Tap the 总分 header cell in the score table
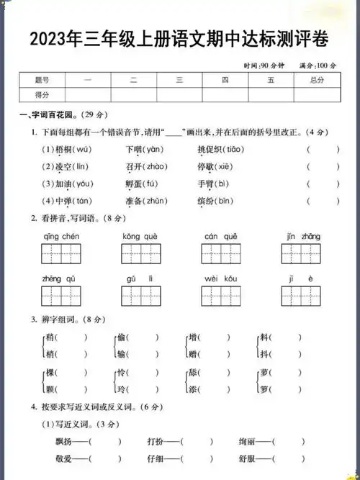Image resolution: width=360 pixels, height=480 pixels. pyautogui.click(x=316, y=81)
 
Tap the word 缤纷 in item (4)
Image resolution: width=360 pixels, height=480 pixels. pyautogui.click(x=207, y=201)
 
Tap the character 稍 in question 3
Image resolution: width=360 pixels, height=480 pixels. pyautogui.click(x=50, y=337)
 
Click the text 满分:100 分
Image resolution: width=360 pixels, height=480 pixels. pyautogui.click(x=318, y=65)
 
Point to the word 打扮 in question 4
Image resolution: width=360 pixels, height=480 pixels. pyautogui.click(x=156, y=441)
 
